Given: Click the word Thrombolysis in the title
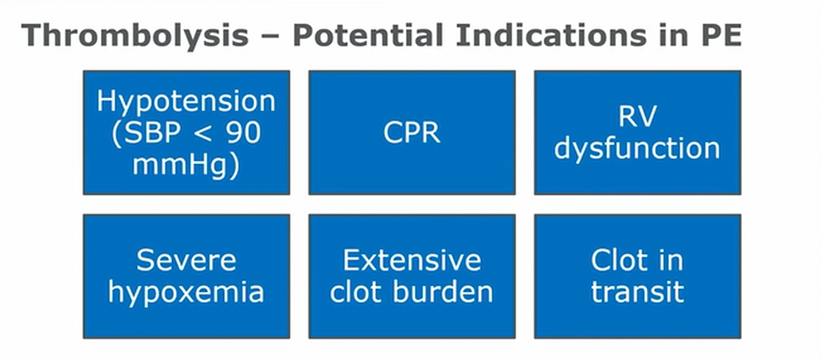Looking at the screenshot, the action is click(x=135, y=36).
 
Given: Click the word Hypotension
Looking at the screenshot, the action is click(x=186, y=102).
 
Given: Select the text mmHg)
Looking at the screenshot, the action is click(x=186, y=165).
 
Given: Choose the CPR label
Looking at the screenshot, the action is click(x=412, y=133).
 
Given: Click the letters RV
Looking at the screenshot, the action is click(x=637, y=117).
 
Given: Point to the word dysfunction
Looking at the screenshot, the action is click(x=637, y=149).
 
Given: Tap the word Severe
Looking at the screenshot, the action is click(x=186, y=260).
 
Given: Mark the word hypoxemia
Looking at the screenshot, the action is click(x=186, y=293).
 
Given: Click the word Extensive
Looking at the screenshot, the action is click(x=412, y=260).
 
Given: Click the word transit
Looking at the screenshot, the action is click(x=637, y=292).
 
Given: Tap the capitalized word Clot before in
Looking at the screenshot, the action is click(x=620, y=260).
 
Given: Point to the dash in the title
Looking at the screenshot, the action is click(x=271, y=37).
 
